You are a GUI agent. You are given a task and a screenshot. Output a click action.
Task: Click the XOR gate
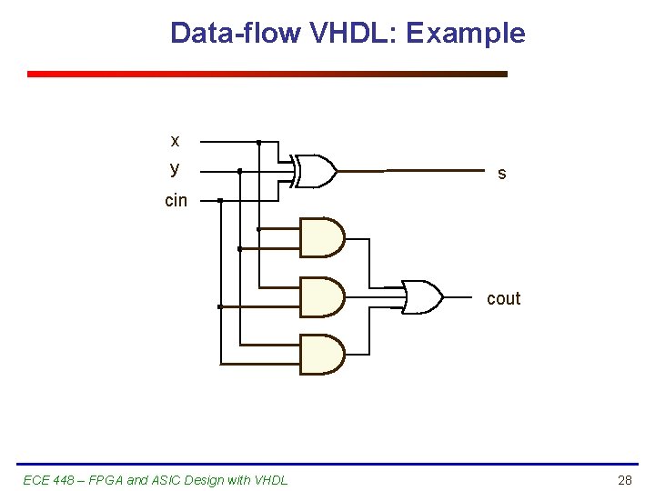pos(315,170)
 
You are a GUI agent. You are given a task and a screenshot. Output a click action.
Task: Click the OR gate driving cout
pos(421,296)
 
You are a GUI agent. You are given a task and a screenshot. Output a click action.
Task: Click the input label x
pos(175,141)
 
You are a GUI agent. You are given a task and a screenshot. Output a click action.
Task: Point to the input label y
pos(175,169)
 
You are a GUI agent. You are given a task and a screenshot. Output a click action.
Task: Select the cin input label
pos(176,200)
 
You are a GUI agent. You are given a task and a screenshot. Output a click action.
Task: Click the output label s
pos(501,173)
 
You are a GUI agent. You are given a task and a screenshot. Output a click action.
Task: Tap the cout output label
pos(503,298)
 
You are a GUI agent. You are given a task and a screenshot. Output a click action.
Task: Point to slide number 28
pos(624,480)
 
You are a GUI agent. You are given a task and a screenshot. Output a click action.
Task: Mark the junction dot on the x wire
pos(258,143)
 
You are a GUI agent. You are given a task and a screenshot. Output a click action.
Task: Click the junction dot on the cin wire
pos(220,200)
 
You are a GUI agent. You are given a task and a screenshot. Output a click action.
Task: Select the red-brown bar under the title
pos(267,75)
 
